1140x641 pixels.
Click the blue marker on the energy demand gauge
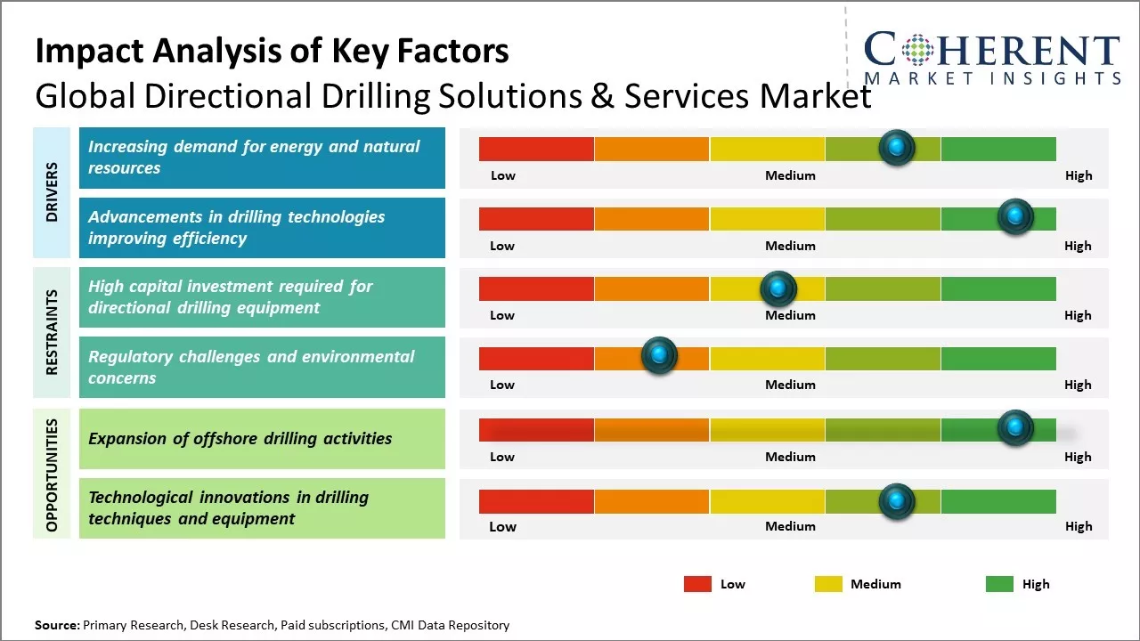coord(897,148)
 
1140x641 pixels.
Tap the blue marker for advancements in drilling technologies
coord(1014,217)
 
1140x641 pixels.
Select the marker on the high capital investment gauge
coord(778,288)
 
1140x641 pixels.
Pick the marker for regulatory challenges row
coord(659,356)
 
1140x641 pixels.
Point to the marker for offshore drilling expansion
coord(1014,428)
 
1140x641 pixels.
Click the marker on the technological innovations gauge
coord(897,501)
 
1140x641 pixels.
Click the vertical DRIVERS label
coord(52,192)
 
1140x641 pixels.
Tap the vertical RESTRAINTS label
coord(52,332)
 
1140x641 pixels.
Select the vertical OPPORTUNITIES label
coord(52,475)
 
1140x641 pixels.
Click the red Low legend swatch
coord(697,584)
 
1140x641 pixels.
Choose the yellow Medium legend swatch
coord(828,584)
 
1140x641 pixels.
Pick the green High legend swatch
coord(999,584)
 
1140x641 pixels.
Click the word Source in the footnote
coord(57,625)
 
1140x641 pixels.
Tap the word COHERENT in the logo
coord(992,50)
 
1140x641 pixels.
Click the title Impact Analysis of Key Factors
coord(272,52)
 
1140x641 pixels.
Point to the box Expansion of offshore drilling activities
coord(262,438)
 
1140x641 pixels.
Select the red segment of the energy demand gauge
coord(536,149)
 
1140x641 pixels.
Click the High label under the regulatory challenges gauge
coord(1078,385)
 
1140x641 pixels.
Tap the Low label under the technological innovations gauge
coord(502,526)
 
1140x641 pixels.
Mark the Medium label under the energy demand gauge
coord(790,175)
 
